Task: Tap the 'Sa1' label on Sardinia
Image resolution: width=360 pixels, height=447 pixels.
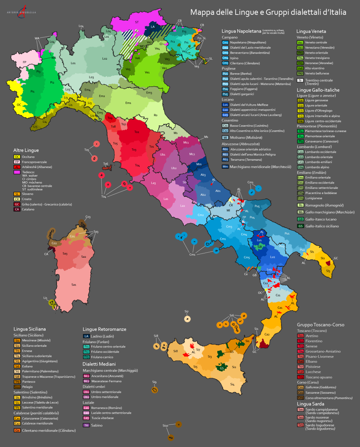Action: (x=74, y=284)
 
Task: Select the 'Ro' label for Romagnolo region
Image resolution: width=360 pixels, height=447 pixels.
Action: (x=155, y=115)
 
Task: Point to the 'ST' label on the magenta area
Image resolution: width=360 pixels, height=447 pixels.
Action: (x=137, y=22)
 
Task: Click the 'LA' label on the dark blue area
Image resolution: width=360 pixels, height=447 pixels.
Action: (x=152, y=27)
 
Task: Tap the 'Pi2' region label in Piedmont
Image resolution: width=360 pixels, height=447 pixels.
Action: (x=52, y=83)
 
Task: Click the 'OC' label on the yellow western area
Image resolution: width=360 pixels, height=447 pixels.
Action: (x=19, y=105)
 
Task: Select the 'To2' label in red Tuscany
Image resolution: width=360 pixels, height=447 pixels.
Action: (x=137, y=132)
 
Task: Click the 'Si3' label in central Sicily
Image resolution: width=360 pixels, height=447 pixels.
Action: (x=210, y=357)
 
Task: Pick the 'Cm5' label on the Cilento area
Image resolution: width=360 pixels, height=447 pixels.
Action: (x=247, y=257)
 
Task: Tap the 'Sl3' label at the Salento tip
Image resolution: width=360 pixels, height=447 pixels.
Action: (x=328, y=271)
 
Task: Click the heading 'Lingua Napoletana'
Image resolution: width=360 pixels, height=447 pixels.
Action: (x=241, y=31)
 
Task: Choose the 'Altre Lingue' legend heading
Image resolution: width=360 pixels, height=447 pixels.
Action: (x=26, y=150)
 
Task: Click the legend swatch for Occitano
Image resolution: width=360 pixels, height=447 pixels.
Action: (x=17, y=157)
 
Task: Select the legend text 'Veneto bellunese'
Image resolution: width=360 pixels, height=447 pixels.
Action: (x=317, y=73)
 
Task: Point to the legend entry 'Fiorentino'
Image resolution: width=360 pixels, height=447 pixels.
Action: (x=314, y=341)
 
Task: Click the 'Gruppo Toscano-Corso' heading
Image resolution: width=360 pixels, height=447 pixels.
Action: (x=321, y=325)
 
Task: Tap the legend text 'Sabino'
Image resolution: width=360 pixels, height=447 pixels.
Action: (x=97, y=425)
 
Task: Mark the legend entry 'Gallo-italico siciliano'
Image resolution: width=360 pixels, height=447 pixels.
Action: (x=322, y=226)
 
